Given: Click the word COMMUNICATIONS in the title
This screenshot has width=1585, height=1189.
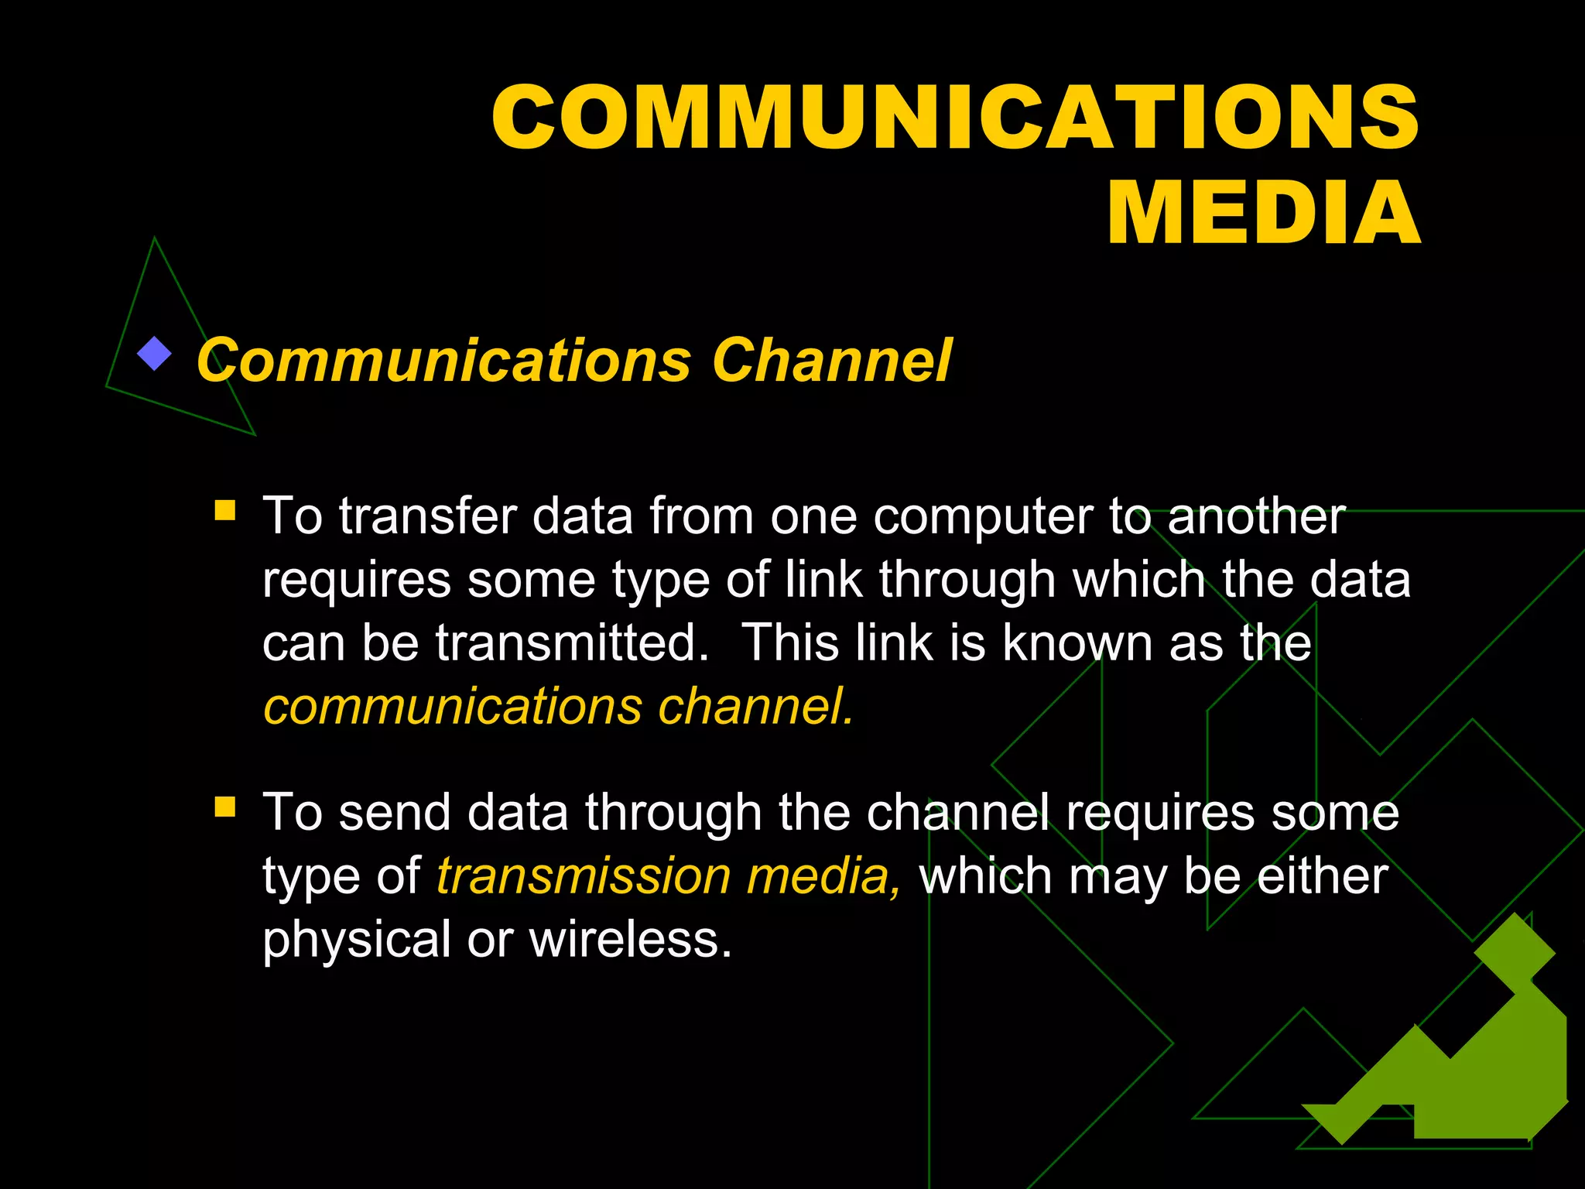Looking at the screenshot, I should click(x=955, y=118).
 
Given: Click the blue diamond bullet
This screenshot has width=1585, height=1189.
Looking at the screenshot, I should click(x=154, y=355).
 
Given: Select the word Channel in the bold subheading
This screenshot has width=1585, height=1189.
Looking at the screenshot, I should click(x=832, y=360).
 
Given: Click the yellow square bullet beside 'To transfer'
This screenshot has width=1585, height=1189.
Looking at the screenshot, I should click(x=225, y=510).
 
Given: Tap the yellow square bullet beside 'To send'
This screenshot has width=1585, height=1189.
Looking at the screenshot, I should click(x=225, y=807).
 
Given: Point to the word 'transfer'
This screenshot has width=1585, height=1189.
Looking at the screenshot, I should click(x=427, y=516).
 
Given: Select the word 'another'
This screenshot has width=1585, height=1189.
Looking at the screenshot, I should click(x=1256, y=516).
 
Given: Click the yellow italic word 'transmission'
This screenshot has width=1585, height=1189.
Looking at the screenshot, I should click(x=584, y=876).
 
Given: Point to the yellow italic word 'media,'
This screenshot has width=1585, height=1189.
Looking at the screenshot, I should click(x=823, y=876).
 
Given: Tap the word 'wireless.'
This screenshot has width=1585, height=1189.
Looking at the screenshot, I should click(x=630, y=940).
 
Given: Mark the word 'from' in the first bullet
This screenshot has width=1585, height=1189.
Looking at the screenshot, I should click(x=701, y=516).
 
